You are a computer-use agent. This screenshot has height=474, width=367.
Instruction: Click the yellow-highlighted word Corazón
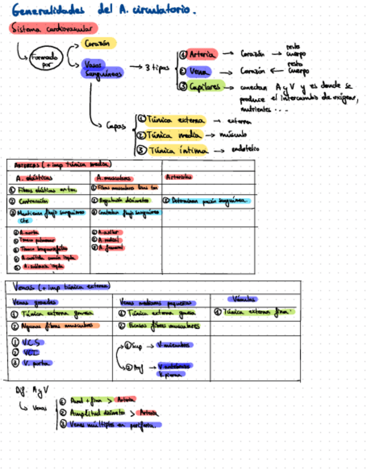(x=98, y=43)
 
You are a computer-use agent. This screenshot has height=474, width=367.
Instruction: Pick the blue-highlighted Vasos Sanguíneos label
(x=101, y=69)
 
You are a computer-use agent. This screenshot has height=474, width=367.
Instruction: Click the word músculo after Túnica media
(x=234, y=135)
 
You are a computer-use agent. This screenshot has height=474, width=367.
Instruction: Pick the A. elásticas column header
(x=35, y=177)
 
